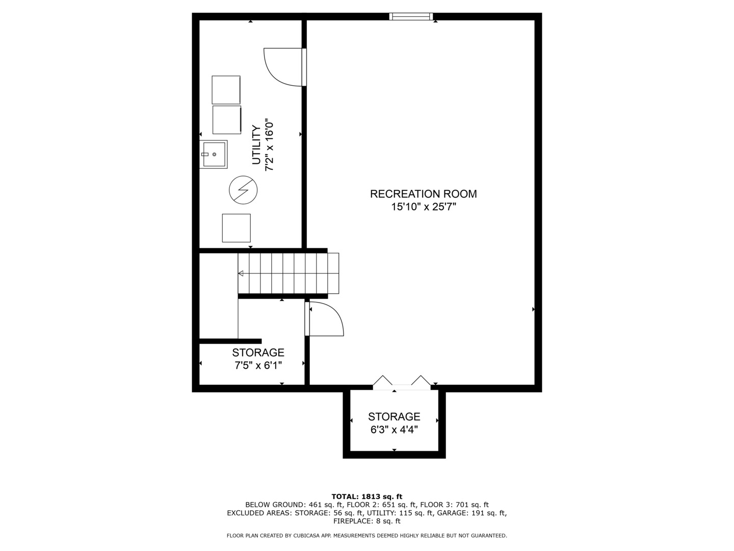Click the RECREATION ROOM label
coord(423,194)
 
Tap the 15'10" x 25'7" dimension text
coord(423,207)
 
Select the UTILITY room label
coord(256,145)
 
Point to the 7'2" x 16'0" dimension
coord(270,145)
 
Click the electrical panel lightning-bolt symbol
coord(243,190)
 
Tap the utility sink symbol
coord(214,154)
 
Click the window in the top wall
coord(411,16)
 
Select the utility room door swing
coord(283,66)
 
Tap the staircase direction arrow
coord(241,274)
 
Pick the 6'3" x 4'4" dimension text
coord(394,430)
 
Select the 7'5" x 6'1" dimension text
coord(258,365)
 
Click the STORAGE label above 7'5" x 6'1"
coord(258,353)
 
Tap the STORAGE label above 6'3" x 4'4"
coord(394,417)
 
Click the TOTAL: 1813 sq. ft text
coord(366,496)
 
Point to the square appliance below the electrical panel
coord(236,228)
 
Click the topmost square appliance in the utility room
coord(226,90)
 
